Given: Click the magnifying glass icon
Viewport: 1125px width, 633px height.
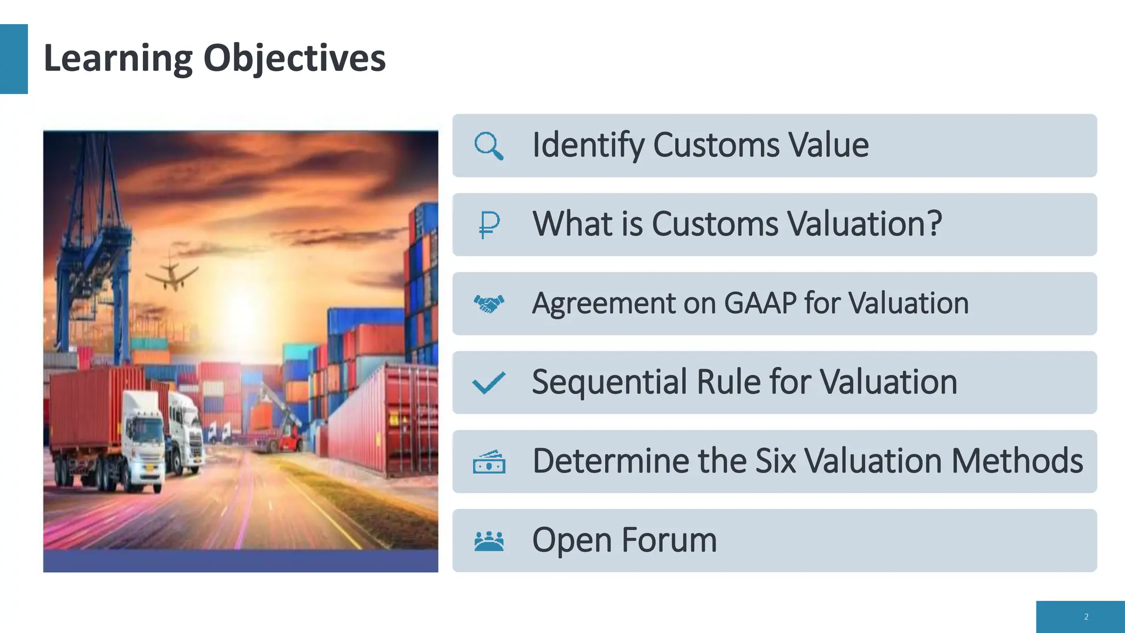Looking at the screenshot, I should click(488, 146).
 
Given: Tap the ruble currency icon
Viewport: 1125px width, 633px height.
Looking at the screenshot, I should click(488, 225).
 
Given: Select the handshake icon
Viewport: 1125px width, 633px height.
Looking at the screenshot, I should click(488, 303).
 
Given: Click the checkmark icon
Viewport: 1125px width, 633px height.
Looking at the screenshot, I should click(488, 383).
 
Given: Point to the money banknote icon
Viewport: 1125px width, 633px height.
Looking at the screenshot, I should click(488, 462).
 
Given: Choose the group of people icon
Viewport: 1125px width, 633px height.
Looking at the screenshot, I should click(488, 541).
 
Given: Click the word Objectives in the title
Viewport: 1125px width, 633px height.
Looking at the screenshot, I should click(294, 58).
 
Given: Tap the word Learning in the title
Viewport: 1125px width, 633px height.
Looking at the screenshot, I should click(118, 58).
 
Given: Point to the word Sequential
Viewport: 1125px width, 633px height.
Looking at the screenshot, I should click(609, 382).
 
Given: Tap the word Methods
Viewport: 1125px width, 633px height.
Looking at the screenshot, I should click(1017, 461).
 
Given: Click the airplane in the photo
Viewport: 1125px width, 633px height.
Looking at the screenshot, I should click(171, 273).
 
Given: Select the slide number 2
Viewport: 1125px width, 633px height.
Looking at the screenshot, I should click(1086, 617).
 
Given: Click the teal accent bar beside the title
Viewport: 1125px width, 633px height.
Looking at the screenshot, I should click(14, 59).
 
